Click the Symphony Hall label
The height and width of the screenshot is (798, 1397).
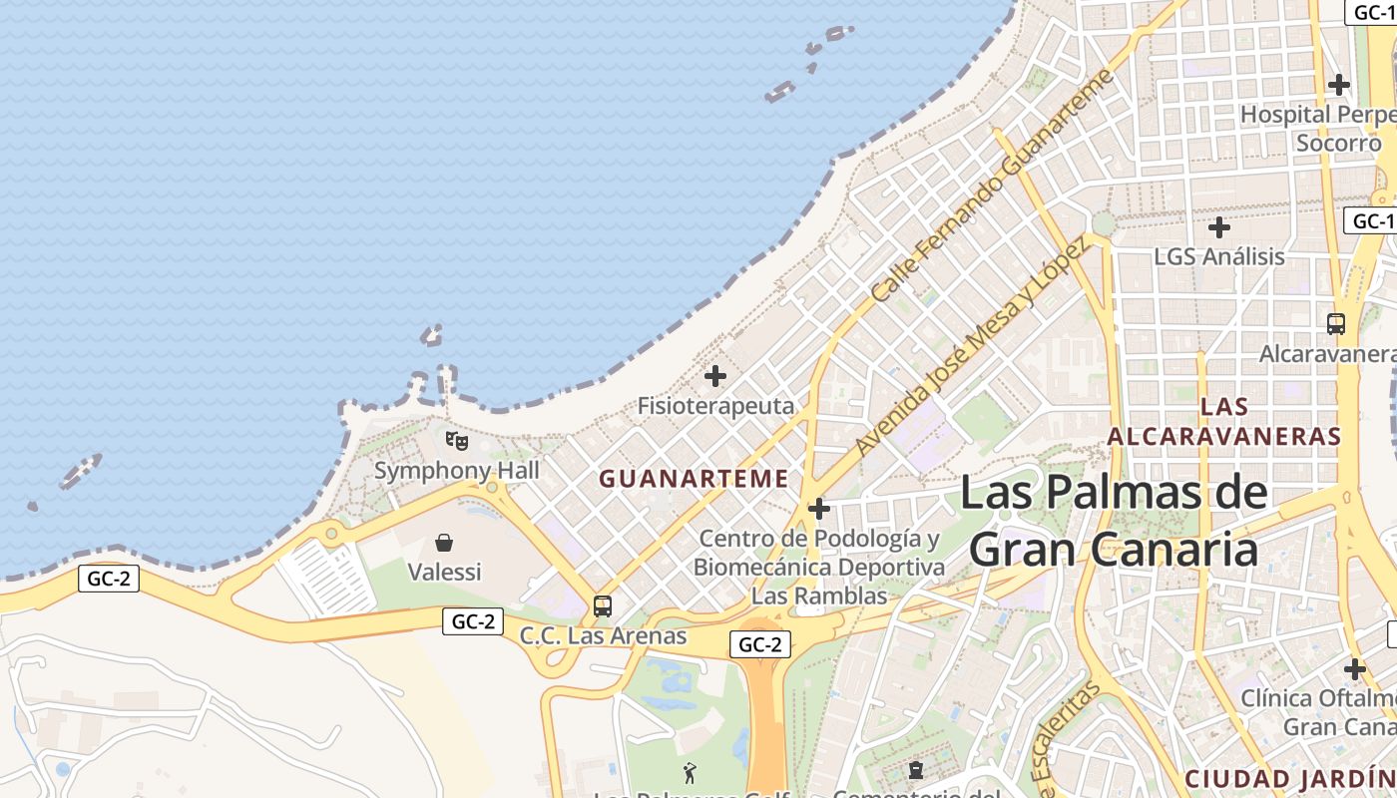click(456, 470)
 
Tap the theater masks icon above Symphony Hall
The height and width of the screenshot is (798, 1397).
click(456, 440)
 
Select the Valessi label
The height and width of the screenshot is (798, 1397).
click(444, 572)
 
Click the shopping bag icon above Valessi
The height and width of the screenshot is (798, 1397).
click(444, 543)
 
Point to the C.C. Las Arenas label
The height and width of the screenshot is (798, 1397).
click(603, 635)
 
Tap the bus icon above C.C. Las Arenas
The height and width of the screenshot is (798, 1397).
click(603, 606)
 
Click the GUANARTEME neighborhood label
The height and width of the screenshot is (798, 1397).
click(694, 479)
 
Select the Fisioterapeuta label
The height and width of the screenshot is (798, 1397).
click(715, 406)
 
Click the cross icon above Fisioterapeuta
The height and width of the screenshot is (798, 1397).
click(715, 376)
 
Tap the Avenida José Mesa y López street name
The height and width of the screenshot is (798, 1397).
click(971, 348)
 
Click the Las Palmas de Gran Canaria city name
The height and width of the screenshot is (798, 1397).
click(1114, 521)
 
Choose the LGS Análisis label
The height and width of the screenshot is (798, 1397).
click(1218, 256)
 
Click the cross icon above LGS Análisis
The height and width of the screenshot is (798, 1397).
click(1218, 227)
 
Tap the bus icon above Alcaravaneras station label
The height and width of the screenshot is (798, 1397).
click(1336, 324)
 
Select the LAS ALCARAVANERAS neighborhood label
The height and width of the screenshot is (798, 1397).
click(1224, 421)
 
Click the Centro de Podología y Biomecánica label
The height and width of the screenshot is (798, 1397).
click(819, 567)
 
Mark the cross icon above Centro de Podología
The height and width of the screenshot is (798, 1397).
click(819, 509)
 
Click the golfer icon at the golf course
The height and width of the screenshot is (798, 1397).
click(690, 772)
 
